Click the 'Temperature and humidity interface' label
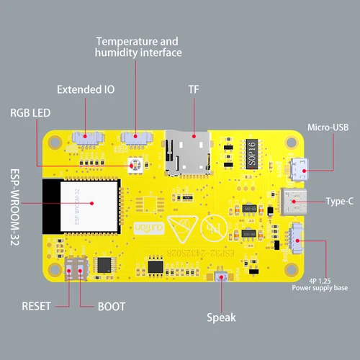pyautogui.click(x=138, y=48)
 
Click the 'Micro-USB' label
pyautogui.click(x=328, y=127)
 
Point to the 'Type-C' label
pyautogui.click(x=340, y=201)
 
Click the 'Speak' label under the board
pyautogui.click(x=221, y=317)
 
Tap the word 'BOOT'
pyautogui.click(x=115, y=305)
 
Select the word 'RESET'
pyautogui.click(x=36, y=305)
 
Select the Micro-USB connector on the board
pyautogui.click(x=296, y=169)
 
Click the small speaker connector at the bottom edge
pyautogui.click(x=222, y=276)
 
